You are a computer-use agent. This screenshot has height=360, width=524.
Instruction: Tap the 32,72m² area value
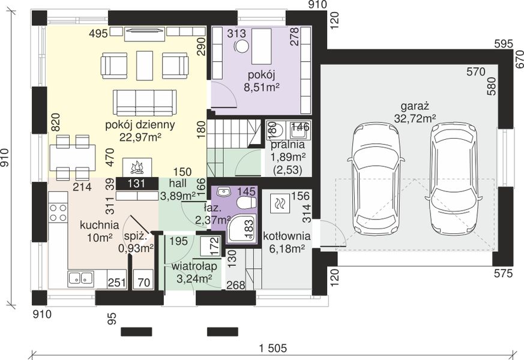[x=415, y=119]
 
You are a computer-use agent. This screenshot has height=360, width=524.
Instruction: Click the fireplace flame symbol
[x=137, y=168]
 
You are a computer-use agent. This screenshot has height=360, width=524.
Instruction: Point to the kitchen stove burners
[x=58, y=213]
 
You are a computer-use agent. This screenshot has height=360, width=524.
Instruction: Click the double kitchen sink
[x=80, y=278]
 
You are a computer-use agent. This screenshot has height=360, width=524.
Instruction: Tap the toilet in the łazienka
[x=246, y=202]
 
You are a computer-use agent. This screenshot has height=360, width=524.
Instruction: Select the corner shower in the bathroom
[x=242, y=229]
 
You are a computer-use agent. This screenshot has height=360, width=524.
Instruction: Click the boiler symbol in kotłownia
[x=279, y=203]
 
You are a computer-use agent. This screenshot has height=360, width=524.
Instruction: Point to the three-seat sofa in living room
[x=145, y=103]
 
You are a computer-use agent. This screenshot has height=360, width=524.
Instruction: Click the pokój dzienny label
[x=140, y=125]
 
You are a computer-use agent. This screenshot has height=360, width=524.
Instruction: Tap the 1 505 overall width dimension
[x=273, y=349]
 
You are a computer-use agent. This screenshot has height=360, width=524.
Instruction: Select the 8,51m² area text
[x=262, y=88]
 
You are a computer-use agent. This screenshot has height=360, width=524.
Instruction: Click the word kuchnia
[x=99, y=225]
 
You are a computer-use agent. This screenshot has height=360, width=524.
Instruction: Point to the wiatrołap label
[x=194, y=266]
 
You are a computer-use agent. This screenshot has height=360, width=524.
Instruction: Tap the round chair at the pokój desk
[x=242, y=46]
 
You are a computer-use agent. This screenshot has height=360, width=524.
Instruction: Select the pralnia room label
[x=288, y=145]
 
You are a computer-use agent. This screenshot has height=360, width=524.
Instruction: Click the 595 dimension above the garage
[x=503, y=44]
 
